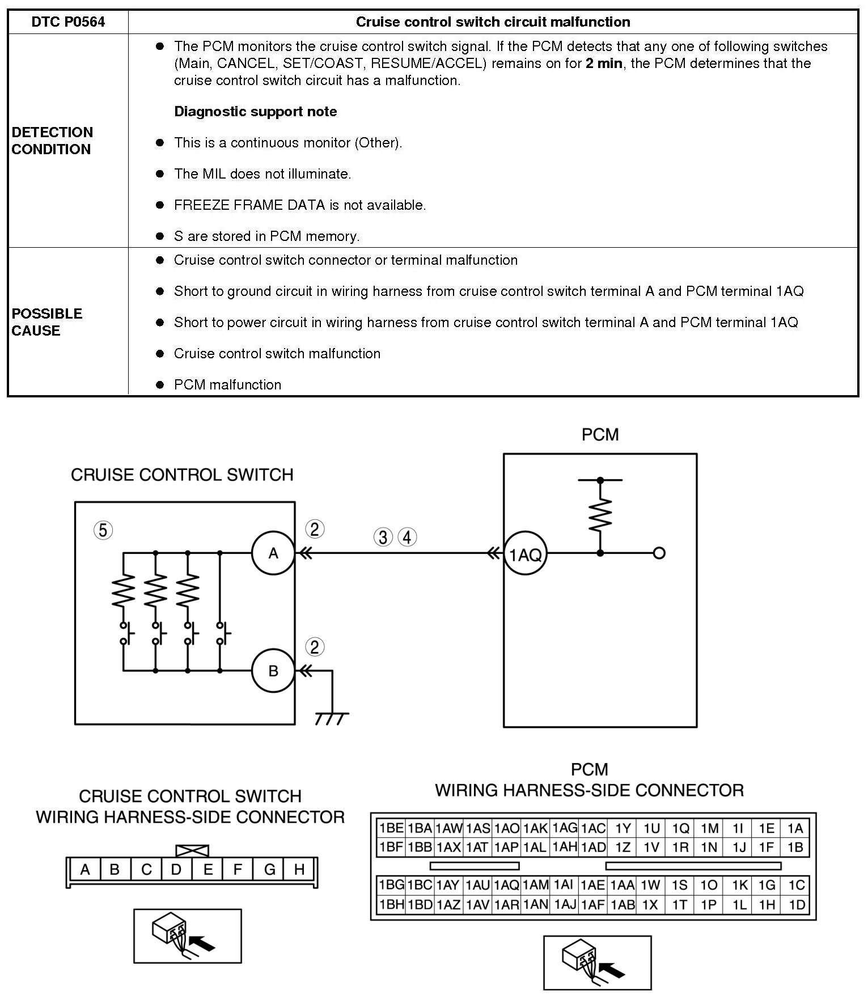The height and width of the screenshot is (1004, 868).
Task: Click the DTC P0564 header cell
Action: point(68,22)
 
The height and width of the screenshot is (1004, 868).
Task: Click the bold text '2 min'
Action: point(604,63)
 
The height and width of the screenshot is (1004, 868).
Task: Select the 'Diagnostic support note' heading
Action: point(255,112)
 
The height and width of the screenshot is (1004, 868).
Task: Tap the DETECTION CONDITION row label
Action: point(52,141)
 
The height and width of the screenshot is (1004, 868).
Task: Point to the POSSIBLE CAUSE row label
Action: point(46,322)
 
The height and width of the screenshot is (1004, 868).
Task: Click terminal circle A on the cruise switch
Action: point(273,553)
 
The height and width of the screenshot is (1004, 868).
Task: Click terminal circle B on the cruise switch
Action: point(273,671)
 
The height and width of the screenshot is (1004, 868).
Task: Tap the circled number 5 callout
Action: point(103,531)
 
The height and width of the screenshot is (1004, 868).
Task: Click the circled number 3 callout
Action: point(383,537)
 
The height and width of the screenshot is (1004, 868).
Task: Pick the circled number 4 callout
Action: point(407,537)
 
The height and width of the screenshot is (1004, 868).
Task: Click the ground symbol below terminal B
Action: point(332,718)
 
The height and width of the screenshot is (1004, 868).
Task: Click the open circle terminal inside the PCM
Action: point(659,553)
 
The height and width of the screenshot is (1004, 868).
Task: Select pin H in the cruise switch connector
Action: point(299,870)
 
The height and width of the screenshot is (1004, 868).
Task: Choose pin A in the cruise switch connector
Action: point(85,870)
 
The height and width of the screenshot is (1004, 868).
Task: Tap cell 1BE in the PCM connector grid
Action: point(391,828)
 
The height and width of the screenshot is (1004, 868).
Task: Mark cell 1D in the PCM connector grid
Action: point(797,905)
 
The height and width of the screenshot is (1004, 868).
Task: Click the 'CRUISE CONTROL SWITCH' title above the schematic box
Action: point(182,475)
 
